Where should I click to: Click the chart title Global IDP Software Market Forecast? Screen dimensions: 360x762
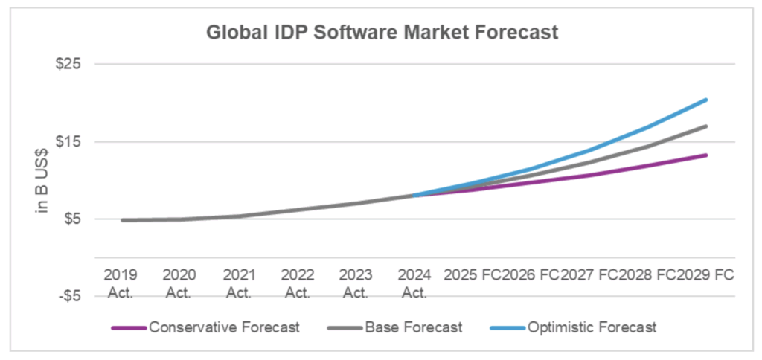tap(380, 33)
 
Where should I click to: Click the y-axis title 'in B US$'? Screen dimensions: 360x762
tap(43, 179)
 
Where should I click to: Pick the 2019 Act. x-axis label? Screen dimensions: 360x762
tap(120, 283)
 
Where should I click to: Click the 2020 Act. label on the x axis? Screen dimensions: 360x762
tap(179, 283)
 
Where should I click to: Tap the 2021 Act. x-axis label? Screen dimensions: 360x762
tap(237, 283)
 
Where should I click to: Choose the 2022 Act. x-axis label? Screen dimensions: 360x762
tap(296, 283)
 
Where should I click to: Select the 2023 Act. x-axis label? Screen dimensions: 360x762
tap(355, 283)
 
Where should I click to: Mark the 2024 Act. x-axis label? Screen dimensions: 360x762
tap(414, 283)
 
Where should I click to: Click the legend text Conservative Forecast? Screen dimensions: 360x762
tap(224, 327)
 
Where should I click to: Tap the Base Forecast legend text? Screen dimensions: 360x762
tap(414, 327)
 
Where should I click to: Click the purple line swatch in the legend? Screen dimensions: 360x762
tap(129, 327)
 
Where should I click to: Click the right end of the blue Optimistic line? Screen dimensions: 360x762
tap(706, 100)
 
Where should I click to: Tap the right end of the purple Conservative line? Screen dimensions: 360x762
tap(706, 155)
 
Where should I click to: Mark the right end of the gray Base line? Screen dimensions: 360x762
tap(706, 126)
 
